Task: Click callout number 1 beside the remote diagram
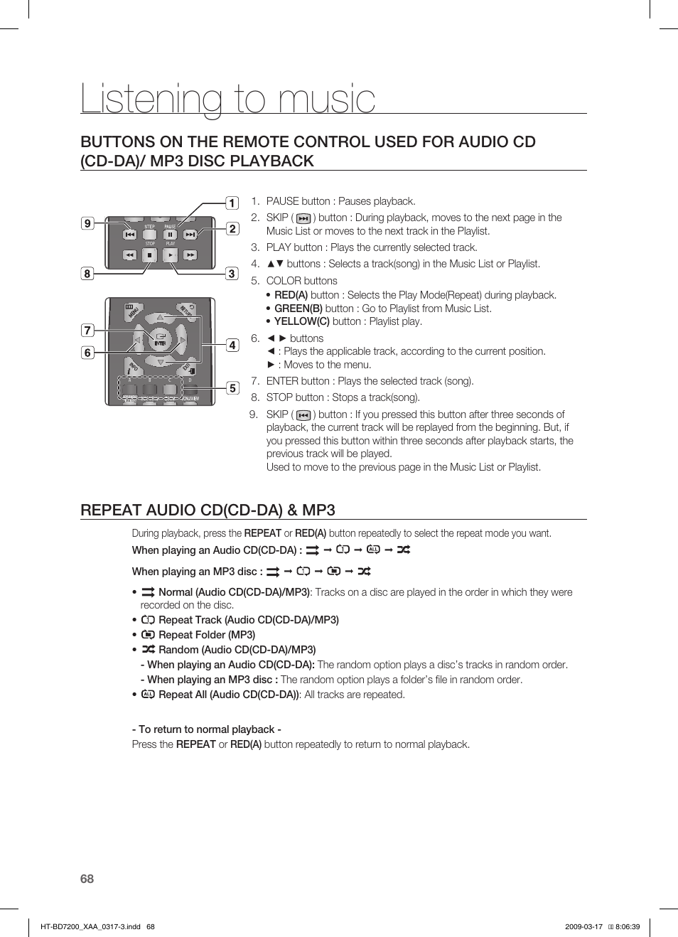(232, 203)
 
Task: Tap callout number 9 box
(87, 223)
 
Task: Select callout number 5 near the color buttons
(232, 388)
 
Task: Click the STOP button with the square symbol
(149, 255)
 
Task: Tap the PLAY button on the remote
(171, 255)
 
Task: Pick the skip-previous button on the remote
(129, 234)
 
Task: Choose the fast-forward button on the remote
(190, 255)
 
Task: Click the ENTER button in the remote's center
(161, 340)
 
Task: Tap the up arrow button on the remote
(161, 317)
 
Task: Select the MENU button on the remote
(133, 311)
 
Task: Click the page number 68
(87, 879)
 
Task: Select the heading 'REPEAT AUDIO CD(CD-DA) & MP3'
(208, 510)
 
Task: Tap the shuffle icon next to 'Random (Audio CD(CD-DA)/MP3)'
(148, 649)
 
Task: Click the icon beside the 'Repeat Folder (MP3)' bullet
(148, 634)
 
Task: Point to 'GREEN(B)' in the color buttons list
(298, 309)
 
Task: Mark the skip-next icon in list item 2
(303, 219)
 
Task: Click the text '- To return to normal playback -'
(206, 729)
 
